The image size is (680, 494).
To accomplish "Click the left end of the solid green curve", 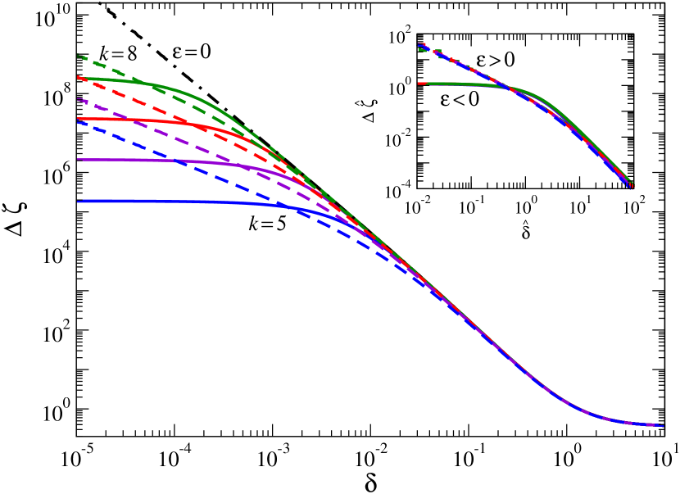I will (78, 79).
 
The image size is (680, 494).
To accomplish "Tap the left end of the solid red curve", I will (78, 120).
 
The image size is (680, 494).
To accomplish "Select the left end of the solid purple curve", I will (78, 160).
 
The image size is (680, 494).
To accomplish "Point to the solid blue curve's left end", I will (78, 202).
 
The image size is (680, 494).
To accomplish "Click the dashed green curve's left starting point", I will (78, 56).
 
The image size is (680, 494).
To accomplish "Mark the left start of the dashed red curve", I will (78, 77).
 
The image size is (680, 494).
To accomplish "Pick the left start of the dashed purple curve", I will (78, 99).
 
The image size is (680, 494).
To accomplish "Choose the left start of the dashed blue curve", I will (78, 122).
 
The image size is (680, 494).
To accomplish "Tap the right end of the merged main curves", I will (663, 426).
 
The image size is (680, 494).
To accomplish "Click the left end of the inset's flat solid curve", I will (419, 84).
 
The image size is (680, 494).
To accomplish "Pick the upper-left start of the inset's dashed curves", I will (419, 45).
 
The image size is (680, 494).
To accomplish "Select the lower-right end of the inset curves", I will (630, 185).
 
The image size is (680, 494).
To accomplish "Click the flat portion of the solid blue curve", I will (164, 202).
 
